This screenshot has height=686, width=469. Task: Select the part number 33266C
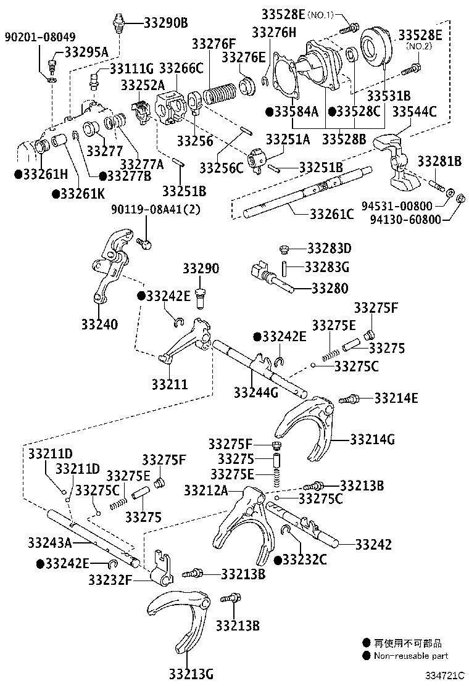pyautogui.click(x=181, y=68)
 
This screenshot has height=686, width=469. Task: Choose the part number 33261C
pyautogui.click(x=331, y=214)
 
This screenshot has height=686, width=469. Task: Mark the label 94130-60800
pyautogui.click(x=406, y=218)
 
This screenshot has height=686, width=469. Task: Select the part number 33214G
pyautogui.click(x=371, y=439)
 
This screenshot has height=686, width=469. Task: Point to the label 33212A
pyautogui.click(x=205, y=490)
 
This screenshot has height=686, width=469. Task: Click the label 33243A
pyautogui.click(x=49, y=542)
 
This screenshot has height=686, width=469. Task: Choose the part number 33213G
pyautogui.click(x=191, y=673)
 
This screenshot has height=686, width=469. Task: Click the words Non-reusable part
pyautogui.click(x=411, y=656)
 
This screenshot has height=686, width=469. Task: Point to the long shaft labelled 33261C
pyautogui.click(x=309, y=192)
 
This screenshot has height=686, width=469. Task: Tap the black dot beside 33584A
pyautogui.click(x=270, y=112)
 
